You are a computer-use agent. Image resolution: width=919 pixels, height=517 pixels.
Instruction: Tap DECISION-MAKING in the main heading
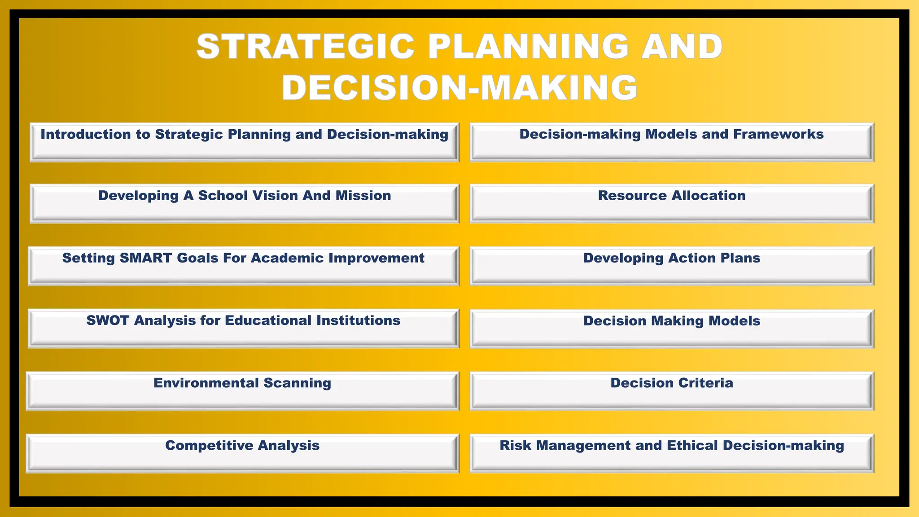tap(459, 87)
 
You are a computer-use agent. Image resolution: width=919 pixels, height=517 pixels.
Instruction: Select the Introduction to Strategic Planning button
tap(245, 142)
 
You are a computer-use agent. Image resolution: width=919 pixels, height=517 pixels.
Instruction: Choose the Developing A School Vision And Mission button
tap(245, 203)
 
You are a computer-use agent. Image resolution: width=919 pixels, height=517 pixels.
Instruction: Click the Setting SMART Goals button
tap(244, 266)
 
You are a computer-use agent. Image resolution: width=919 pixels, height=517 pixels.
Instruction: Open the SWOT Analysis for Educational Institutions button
tap(244, 328)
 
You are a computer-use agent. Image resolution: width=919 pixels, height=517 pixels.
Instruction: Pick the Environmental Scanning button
tap(243, 390)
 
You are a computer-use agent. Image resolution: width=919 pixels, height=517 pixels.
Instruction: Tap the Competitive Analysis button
tap(243, 453)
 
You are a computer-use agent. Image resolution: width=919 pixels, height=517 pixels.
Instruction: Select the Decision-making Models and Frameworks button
tap(672, 142)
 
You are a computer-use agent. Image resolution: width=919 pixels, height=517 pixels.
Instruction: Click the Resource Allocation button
tap(672, 203)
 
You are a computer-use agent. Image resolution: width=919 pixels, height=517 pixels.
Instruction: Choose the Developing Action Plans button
tap(672, 266)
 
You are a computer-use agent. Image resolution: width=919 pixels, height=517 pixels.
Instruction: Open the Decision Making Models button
tap(672, 328)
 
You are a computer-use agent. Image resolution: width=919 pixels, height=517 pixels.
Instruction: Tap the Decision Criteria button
tap(672, 390)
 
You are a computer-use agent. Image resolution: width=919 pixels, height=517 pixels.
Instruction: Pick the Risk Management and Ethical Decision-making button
tap(672, 453)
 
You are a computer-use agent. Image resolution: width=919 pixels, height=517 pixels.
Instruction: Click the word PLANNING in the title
tap(528, 47)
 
